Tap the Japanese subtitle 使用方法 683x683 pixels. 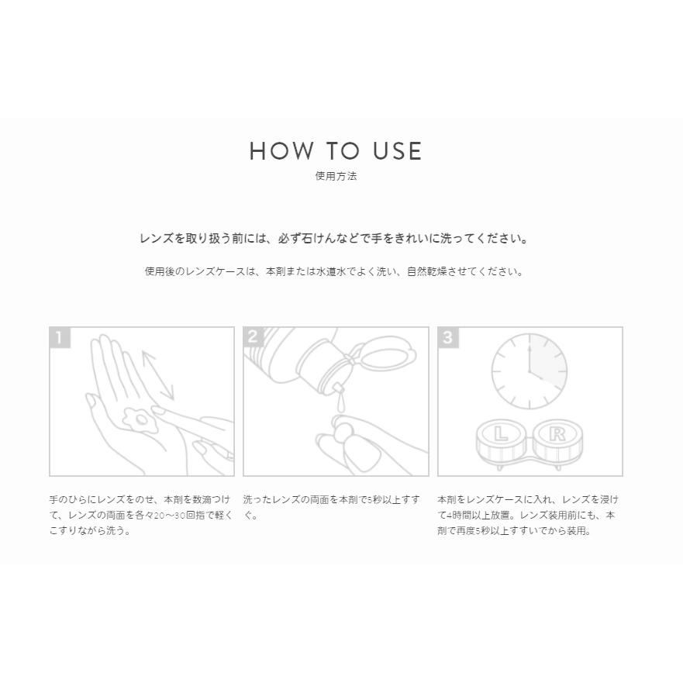click(x=336, y=176)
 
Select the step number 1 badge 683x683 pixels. click(x=60, y=337)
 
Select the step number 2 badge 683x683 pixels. click(x=254, y=337)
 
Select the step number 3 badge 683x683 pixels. click(x=448, y=337)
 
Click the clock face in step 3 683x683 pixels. click(x=529, y=373)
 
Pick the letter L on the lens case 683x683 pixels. click(x=501, y=435)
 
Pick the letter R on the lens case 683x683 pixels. click(x=557, y=435)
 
